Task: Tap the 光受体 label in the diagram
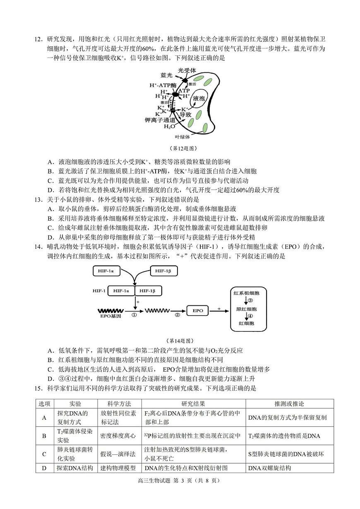pos(187,70)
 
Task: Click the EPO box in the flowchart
pos(198,310)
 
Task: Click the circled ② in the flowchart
pos(178,315)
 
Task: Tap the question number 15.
pos(38,388)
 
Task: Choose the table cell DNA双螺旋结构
pos(269,468)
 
